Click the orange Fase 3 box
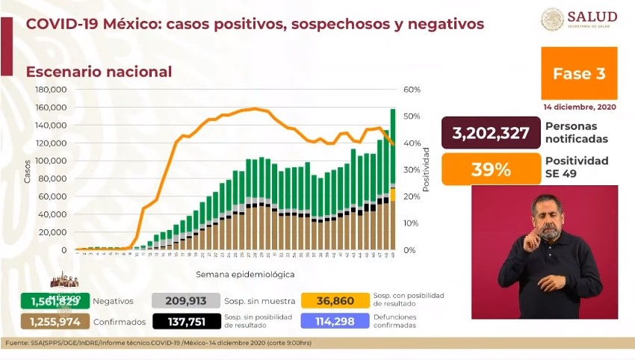pyautogui.click(x=579, y=73)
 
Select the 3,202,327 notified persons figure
pyautogui.click(x=491, y=133)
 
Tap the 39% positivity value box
pyautogui.click(x=491, y=169)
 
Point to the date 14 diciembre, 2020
pyautogui.click(x=580, y=107)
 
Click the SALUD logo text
pyautogui.click(x=592, y=16)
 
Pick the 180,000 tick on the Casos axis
pyautogui.click(x=52, y=90)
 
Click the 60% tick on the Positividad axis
pyautogui.click(x=412, y=90)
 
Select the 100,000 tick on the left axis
pyautogui.click(x=52, y=161)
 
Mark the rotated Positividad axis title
pyautogui.click(x=426, y=170)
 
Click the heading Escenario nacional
pyautogui.click(x=99, y=72)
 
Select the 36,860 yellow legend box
pyautogui.click(x=335, y=301)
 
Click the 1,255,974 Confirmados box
pyautogui.click(x=55, y=322)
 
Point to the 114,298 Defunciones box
pyautogui.click(x=335, y=322)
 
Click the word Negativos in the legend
pyautogui.click(x=113, y=301)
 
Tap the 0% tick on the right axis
pyautogui.click(x=409, y=250)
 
